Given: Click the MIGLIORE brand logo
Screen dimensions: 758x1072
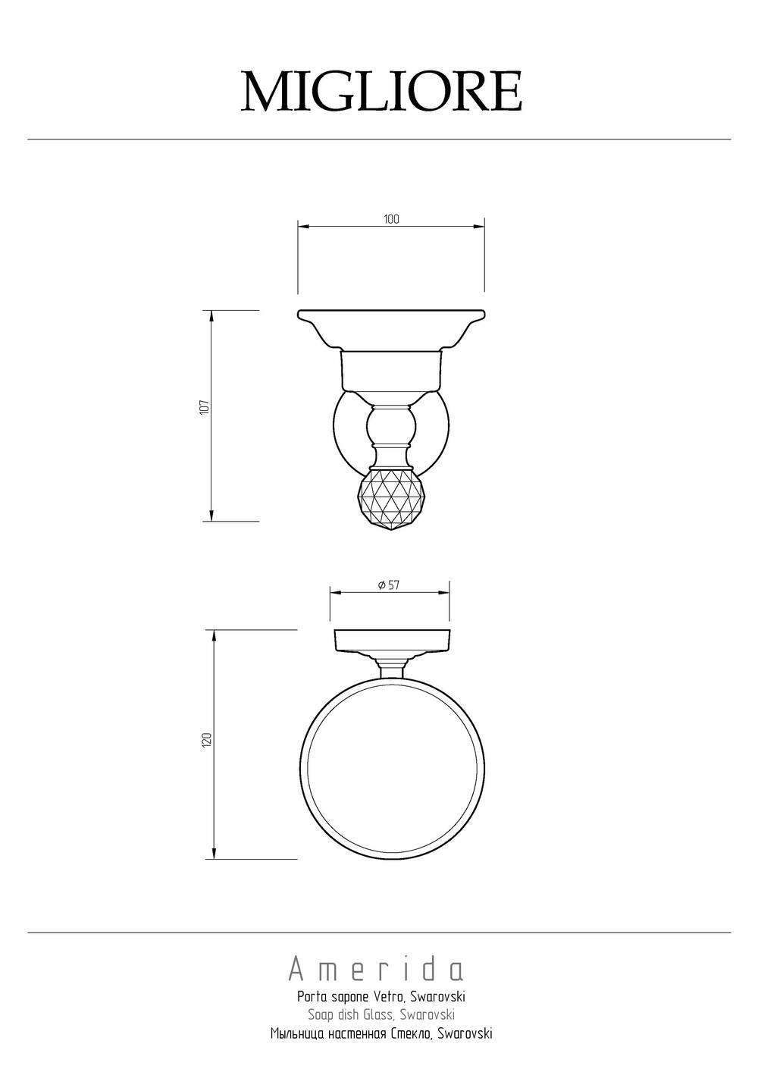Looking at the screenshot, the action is click(x=381, y=91).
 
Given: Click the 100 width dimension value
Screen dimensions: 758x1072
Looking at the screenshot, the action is click(x=391, y=219).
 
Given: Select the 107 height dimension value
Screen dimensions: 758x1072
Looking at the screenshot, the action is click(x=205, y=407).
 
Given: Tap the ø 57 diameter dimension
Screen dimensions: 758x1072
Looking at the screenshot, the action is click(x=389, y=585).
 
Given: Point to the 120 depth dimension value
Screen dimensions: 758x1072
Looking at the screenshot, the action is click(x=206, y=740).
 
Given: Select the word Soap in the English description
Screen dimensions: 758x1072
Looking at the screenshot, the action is click(x=320, y=1014).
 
